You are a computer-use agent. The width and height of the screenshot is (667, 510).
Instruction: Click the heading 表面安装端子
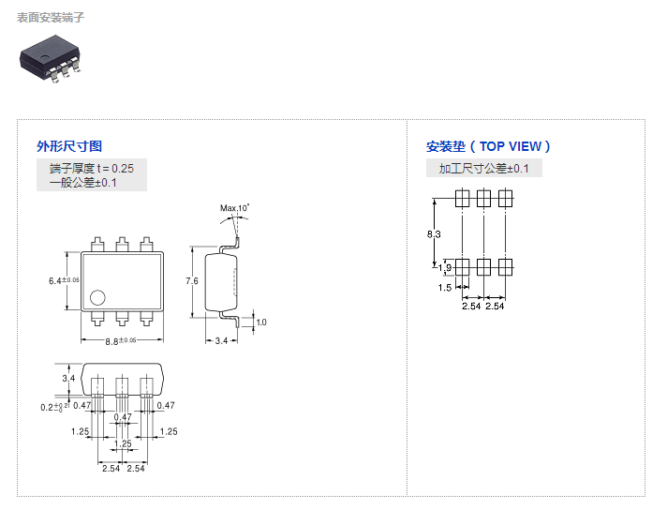pos(51,18)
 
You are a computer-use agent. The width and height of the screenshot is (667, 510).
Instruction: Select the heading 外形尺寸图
pos(69,146)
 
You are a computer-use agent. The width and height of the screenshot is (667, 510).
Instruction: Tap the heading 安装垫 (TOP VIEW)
pos(488,146)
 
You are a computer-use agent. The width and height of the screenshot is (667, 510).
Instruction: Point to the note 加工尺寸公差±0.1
pos(483,169)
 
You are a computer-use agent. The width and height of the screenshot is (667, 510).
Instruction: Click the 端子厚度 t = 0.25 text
pos(92,168)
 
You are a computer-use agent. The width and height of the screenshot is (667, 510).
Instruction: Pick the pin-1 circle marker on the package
pos(96,299)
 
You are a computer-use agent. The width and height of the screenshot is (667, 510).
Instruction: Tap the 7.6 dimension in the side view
pos(191,280)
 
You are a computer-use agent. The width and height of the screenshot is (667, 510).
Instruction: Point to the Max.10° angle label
pos(235,207)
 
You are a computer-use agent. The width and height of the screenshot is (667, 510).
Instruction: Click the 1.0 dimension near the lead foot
pos(261,322)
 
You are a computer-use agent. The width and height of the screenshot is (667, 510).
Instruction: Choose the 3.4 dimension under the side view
pos(221,341)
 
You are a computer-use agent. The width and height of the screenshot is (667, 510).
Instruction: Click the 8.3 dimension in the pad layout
pos(433,232)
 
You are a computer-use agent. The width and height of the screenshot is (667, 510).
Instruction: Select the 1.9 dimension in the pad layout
pos(445,268)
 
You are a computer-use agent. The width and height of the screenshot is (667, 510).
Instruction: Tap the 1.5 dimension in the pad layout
pos(445,288)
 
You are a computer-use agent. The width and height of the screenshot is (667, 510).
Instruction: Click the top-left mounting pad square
pos(462,199)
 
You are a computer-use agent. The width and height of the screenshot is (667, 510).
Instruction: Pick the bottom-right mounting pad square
pos(506,267)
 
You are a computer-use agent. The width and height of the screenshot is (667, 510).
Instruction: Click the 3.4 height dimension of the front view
pos(67,378)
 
